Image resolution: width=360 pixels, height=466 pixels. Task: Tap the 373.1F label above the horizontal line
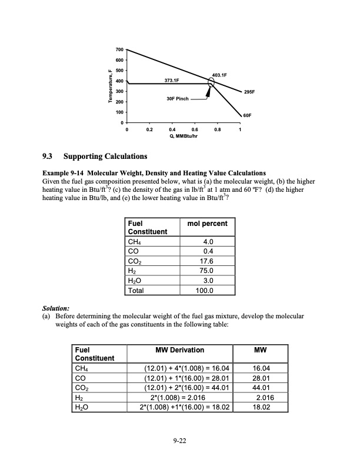(171, 79)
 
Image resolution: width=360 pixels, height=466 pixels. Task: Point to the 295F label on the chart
(249, 92)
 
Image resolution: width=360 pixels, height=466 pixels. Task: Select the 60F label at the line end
(248, 116)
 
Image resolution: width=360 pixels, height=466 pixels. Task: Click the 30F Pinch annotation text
(177, 99)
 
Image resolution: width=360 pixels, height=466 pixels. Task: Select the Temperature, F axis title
(109, 86)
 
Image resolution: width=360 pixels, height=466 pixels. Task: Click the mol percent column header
(207, 224)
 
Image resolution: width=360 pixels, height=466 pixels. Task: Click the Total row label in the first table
(136, 290)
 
